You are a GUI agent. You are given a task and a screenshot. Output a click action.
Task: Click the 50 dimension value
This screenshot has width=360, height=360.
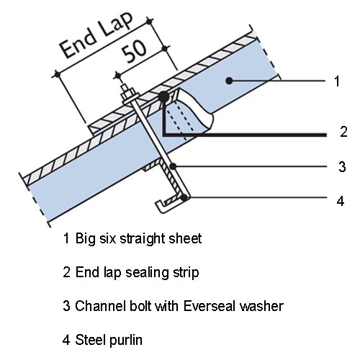[x=134, y=52]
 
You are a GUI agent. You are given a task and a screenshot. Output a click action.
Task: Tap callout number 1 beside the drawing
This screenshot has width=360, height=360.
[x=337, y=81]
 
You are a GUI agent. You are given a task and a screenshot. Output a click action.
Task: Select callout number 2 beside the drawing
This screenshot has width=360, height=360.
[x=343, y=132]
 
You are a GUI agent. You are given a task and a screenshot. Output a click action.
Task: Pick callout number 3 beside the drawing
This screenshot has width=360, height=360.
[x=343, y=166]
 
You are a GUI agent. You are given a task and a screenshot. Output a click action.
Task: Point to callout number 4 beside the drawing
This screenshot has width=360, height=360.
[x=341, y=201]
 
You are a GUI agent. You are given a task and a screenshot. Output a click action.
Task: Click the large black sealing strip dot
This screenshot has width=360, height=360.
[x=163, y=97]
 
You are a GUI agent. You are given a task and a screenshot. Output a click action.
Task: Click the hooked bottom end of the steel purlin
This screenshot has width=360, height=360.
[x=161, y=206]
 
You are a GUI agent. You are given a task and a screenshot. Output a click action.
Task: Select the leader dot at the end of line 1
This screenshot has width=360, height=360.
[x=229, y=81]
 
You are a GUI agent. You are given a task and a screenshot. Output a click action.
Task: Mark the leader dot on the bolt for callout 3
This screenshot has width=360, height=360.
[x=173, y=166]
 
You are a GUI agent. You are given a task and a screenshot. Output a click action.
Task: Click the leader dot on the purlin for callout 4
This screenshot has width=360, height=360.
[x=184, y=198]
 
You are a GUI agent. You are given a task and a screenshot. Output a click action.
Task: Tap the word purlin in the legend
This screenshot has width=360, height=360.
[x=125, y=341]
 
